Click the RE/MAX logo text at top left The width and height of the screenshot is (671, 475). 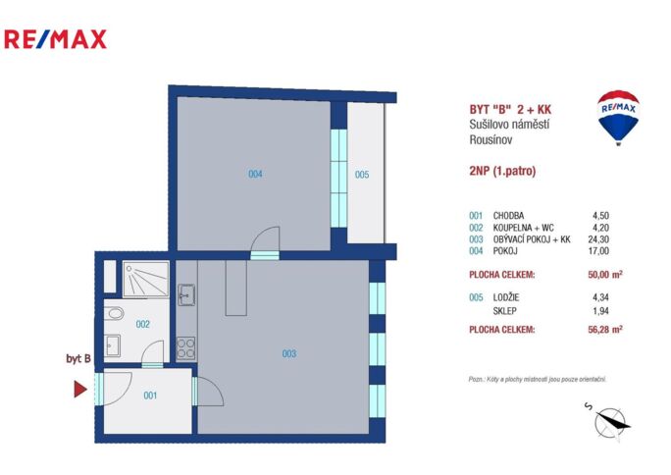point(55,39)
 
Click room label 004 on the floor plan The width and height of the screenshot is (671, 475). point(255,175)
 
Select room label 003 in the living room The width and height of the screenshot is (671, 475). point(288,353)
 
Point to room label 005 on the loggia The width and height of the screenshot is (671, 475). point(362,175)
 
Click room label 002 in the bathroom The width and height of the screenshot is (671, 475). point(142,324)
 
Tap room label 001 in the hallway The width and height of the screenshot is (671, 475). point(149,396)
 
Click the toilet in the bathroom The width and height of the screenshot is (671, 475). point(114,314)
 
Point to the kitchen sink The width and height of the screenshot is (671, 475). point(186,292)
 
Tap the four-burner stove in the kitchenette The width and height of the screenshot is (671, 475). point(185,347)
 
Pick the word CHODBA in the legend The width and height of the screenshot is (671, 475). point(510,215)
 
